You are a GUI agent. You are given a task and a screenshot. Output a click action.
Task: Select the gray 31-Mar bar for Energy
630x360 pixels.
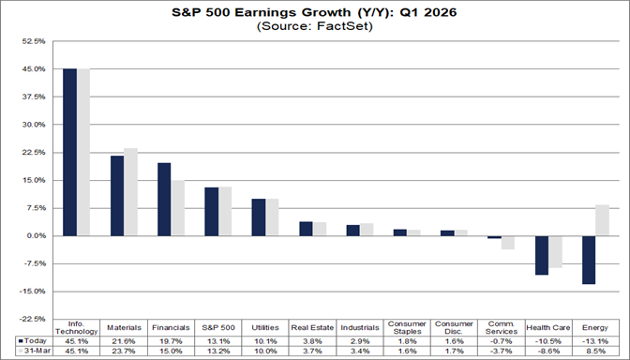click(602, 220)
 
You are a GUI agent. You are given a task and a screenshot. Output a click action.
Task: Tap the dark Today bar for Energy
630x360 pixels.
click(588, 260)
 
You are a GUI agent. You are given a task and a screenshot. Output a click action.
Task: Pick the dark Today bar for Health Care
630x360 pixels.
click(541, 255)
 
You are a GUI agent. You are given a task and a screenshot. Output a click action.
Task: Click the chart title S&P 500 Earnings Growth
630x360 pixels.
click(315, 11)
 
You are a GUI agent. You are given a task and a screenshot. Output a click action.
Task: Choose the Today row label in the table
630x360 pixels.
click(32, 340)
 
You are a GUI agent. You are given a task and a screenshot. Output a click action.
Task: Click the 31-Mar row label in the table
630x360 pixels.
click(32, 352)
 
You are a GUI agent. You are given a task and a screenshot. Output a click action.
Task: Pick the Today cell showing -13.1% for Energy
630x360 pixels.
click(594, 340)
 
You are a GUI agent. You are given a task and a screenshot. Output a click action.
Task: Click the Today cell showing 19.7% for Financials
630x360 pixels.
click(171, 340)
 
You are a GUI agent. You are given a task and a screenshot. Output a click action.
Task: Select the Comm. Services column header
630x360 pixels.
click(501, 328)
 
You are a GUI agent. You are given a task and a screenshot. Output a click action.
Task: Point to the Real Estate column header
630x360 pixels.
click(312, 328)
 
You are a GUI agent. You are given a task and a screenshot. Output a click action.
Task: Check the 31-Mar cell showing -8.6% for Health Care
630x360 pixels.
click(547, 352)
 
